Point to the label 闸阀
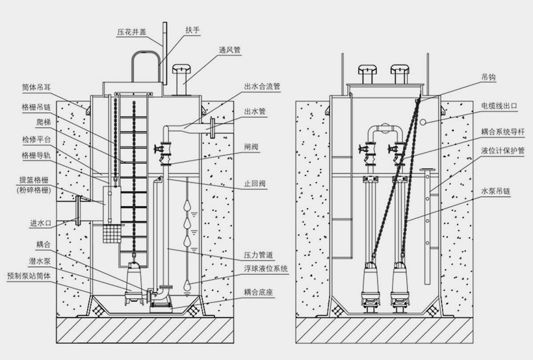[251, 147]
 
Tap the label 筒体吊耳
[36, 86]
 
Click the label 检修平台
[36, 139]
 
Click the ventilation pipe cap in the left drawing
[181, 68]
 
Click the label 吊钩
[488, 77]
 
